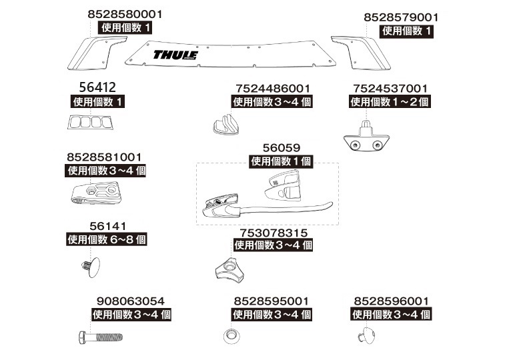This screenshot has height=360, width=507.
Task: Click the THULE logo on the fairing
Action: click(x=175, y=55)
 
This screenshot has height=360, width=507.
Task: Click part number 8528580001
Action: click(x=124, y=14)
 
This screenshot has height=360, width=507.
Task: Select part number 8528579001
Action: click(x=401, y=17)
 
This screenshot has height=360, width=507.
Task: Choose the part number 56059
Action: click(x=282, y=147)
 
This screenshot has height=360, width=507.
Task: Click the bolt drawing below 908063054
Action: click(x=98, y=336)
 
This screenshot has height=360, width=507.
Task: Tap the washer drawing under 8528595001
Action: click(x=230, y=335)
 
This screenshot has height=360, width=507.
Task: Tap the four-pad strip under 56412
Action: click(x=88, y=123)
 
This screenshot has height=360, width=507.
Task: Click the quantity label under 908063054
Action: click(x=131, y=314)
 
